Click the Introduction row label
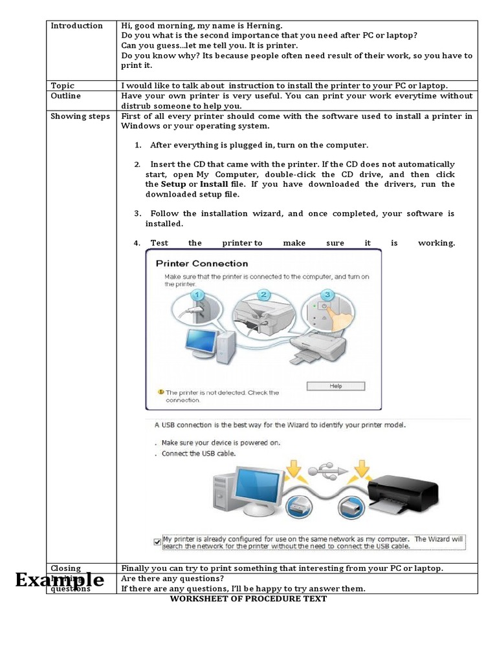(76, 26)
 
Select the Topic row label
(63, 85)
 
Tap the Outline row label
(66, 96)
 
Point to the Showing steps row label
(80, 116)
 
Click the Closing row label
(66, 568)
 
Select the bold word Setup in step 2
(173, 184)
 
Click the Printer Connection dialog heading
(201, 264)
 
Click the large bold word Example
(60, 579)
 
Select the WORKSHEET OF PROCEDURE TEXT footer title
(248, 599)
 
